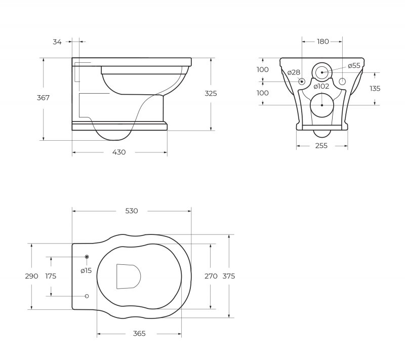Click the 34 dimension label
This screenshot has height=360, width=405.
57,42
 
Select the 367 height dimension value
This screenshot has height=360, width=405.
43,98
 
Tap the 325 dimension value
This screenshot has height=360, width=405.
211,93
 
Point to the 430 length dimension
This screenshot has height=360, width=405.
119,152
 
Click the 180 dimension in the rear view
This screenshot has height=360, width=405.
323,42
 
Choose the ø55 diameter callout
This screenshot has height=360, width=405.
354,66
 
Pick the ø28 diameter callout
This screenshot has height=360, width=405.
294,72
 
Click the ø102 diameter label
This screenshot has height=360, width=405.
321,86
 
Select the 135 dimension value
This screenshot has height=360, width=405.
375,89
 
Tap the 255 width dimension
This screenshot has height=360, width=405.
321,146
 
